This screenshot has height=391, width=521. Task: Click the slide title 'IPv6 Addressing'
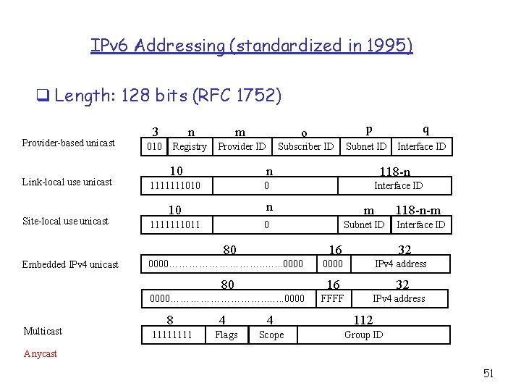(251, 46)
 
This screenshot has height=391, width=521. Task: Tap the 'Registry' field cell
(190, 146)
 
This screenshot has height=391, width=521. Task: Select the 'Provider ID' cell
(242, 146)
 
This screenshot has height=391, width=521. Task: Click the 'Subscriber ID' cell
(305, 146)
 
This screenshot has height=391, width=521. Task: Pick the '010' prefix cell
(154, 146)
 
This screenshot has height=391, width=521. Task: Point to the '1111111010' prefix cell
(174, 186)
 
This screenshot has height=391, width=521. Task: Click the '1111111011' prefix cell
(174, 225)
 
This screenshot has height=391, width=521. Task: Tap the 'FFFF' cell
(332, 298)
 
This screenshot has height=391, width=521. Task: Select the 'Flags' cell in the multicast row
(226, 335)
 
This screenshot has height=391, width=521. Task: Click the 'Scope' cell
(271, 335)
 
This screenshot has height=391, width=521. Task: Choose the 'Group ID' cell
(363, 335)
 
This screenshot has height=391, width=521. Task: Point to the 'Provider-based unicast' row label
(68, 143)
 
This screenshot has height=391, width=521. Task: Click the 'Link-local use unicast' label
(67, 182)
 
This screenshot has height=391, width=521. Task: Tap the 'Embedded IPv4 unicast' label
(70, 264)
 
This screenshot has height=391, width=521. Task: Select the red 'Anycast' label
(41, 354)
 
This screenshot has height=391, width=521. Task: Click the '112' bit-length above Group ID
(363, 320)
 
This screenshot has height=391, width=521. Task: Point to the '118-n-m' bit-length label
(418, 211)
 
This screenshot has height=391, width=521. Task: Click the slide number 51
(488, 374)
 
